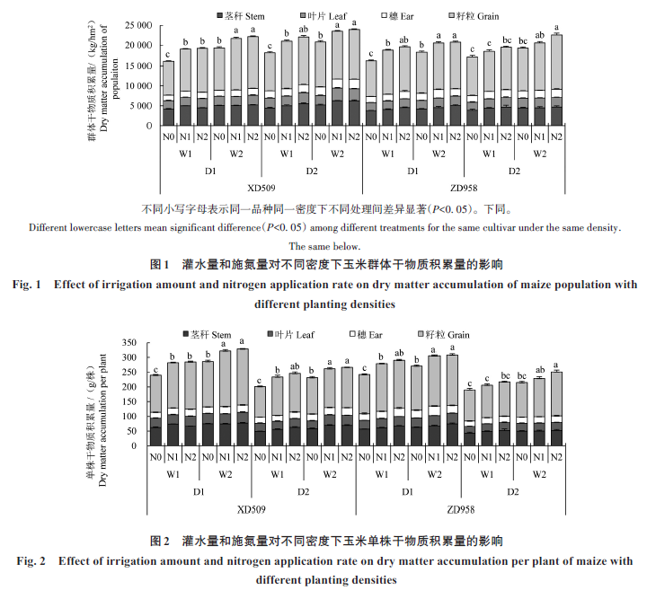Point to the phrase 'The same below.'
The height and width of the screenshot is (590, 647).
[x=323, y=246]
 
